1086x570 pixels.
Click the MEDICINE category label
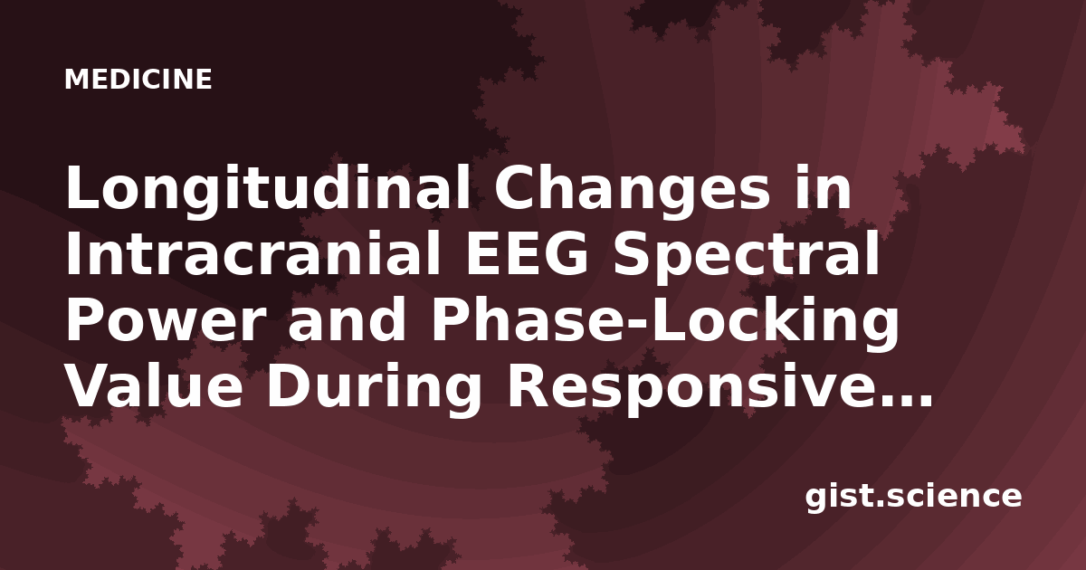click(x=138, y=79)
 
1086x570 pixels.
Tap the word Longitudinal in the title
click(x=268, y=192)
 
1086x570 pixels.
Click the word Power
click(x=166, y=321)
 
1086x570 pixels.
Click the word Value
click(x=154, y=387)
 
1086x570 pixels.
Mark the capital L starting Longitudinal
click(x=83, y=187)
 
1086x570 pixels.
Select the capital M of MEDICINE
click(x=75, y=79)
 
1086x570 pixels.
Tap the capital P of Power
click(x=83, y=321)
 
